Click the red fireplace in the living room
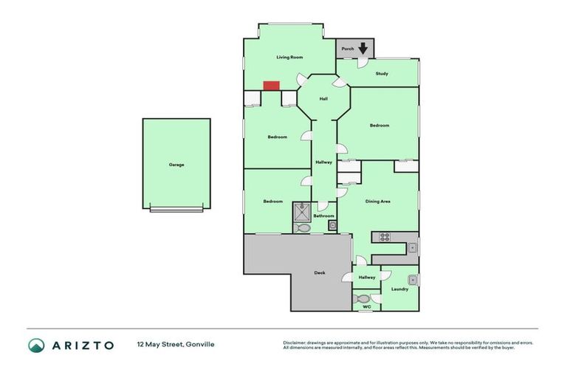tap(271, 86)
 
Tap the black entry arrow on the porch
tap(362, 48)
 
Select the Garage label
tap(176, 165)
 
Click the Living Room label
tap(289, 57)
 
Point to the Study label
tap(382, 73)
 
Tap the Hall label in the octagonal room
tap(323, 99)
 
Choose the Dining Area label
tap(378, 201)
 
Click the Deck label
tap(320, 273)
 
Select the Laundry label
tap(399, 289)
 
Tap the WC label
tap(366, 306)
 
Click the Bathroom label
tap(324, 216)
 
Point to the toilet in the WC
tap(362, 299)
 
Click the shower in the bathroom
tap(302, 212)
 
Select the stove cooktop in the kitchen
tap(384, 237)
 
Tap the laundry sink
tap(413, 279)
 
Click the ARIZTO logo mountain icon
tap(36, 345)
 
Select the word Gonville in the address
tap(200, 344)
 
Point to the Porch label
tap(348, 49)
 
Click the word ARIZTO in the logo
tap(82, 345)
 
